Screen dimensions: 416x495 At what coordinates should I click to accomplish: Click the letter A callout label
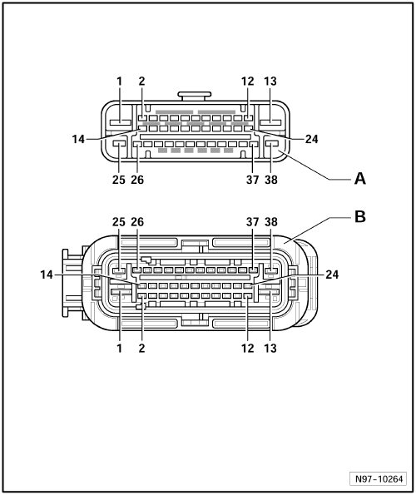point(360,179)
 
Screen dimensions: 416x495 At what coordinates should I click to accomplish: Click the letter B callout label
point(360,217)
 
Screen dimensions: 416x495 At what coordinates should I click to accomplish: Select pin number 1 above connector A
point(119,82)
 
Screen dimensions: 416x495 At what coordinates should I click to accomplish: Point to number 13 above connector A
point(270,82)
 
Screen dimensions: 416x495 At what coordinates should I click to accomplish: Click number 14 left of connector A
point(78,139)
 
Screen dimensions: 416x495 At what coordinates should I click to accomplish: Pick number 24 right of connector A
point(311,139)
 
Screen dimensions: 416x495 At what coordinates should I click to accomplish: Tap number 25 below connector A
point(119,180)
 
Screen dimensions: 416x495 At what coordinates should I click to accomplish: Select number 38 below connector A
point(271,180)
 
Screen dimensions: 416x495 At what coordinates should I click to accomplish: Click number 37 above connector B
point(252,222)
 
